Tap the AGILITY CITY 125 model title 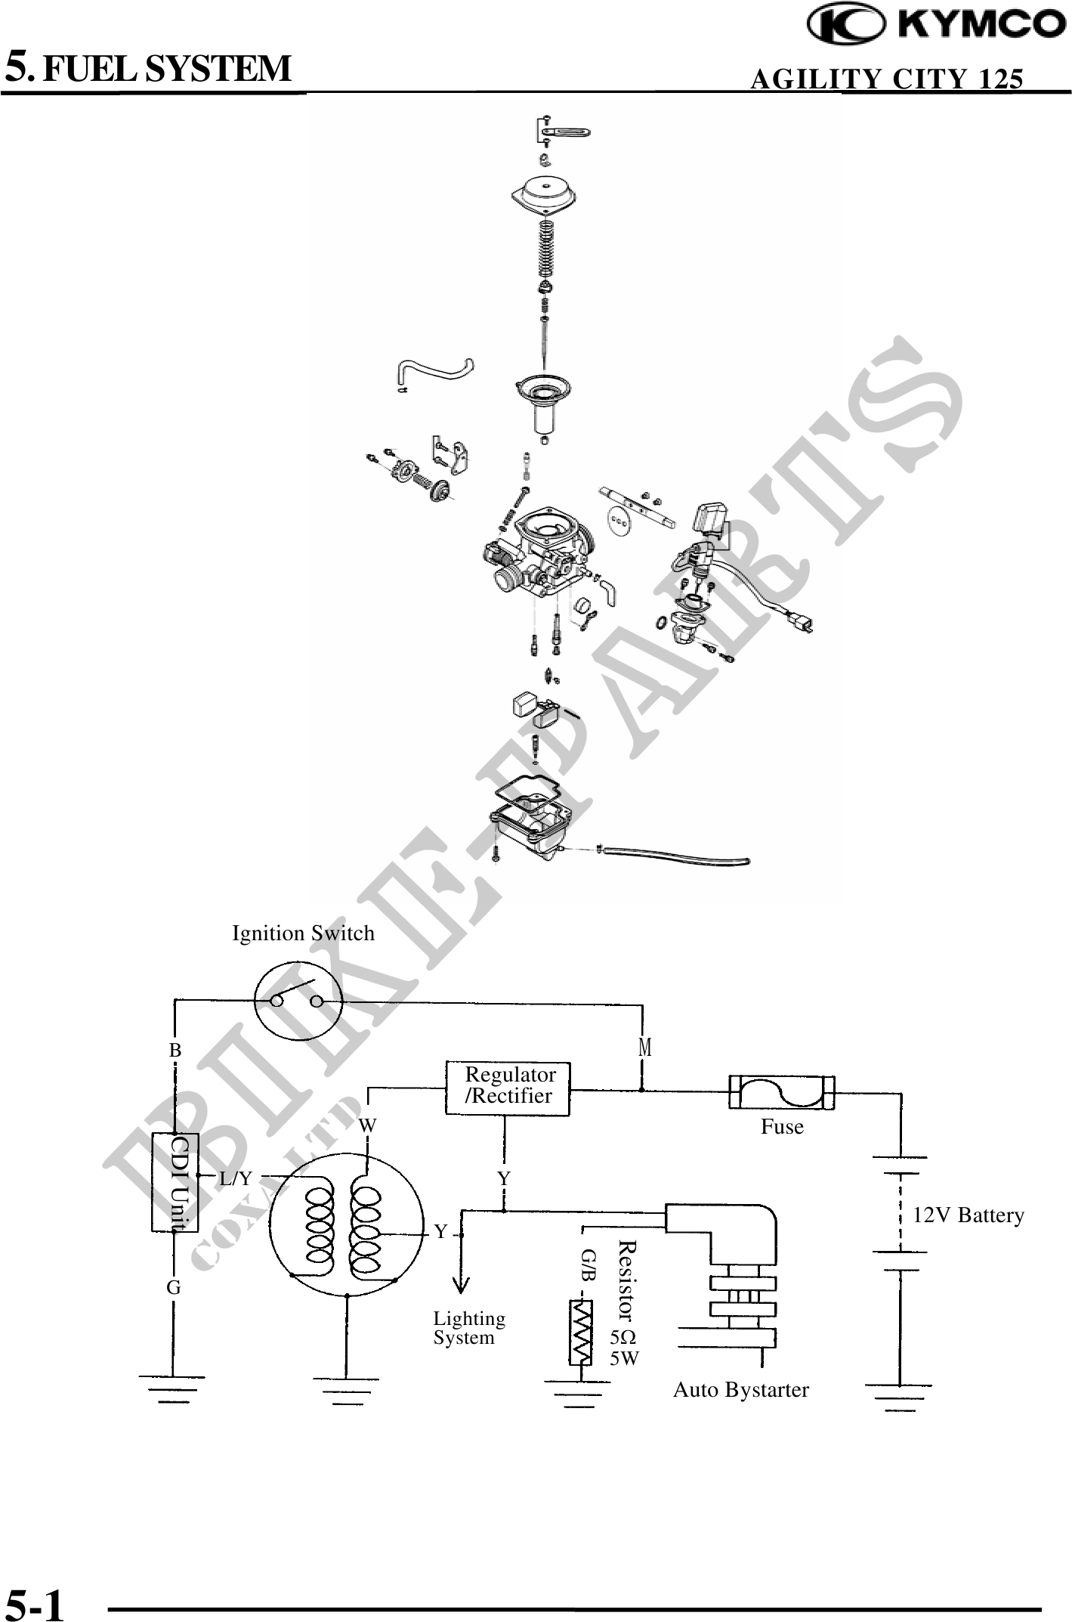(887, 79)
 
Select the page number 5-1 (36, 1601)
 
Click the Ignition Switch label (303, 933)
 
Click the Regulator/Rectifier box (508, 1088)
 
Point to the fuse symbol (781, 1092)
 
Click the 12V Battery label (969, 1215)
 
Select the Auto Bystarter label (740, 1390)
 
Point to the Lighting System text (468, 1328)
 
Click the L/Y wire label (236, 1178)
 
